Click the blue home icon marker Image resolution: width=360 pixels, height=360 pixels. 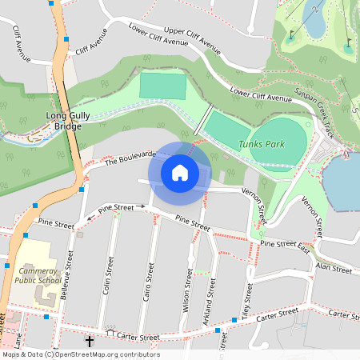[x=180, y=172]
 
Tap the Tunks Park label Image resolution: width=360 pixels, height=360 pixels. [x=261, y=144]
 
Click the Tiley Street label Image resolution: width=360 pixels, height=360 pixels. [x=247, y=300]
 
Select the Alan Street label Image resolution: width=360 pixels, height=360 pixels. [x=334, y=268]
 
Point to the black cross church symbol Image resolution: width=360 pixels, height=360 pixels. [x=89, y=342]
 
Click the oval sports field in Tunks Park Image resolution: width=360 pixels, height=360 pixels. [x=285, y=144]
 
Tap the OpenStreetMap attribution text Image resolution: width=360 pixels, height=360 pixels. [x=80, y=354]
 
